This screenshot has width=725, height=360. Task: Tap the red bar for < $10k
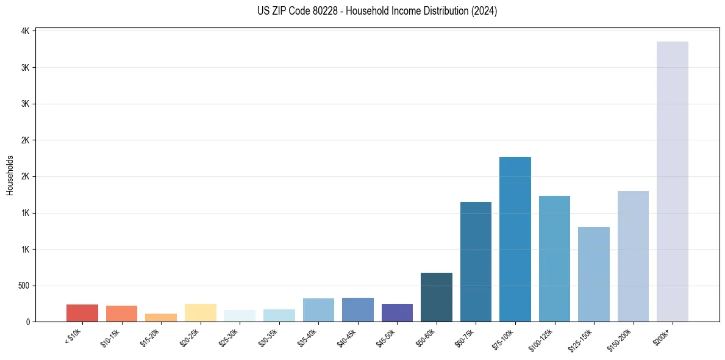coord(82,313)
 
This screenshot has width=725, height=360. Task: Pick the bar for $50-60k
coord(436,297)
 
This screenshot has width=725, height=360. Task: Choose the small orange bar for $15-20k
coord(160,317)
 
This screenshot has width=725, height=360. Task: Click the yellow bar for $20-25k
coord(200,312)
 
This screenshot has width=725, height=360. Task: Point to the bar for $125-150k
coord(593,274)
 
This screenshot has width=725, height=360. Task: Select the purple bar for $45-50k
coord(397,312)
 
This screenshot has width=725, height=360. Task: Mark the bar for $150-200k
coord(633,256)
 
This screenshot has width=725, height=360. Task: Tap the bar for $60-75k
coord(476,262)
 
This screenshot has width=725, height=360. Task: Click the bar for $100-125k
coord(554,259)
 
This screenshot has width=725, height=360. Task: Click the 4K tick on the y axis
coord(25,31)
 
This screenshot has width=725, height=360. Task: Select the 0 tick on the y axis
coord(28,322)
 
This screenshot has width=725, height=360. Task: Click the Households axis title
coord(10,175)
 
